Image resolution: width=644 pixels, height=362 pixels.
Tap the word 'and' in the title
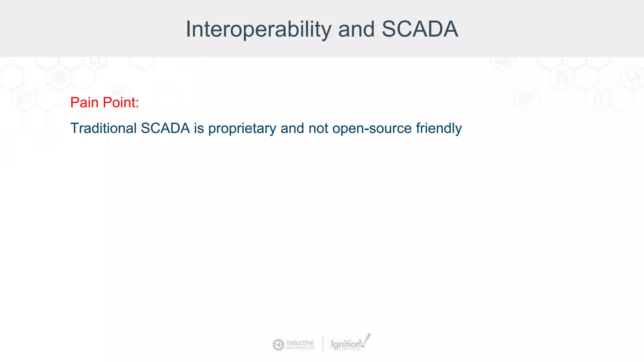pos(356,29)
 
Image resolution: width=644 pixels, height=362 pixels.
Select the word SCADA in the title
pos(420,29)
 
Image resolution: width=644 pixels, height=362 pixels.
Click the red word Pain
pos(84,102)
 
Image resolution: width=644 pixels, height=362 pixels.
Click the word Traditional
pos(103,128)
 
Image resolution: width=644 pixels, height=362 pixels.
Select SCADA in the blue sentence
pos(165,128)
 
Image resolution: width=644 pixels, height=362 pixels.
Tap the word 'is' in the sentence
pos(199,128)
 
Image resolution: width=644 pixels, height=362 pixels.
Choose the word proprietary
pos(242,128)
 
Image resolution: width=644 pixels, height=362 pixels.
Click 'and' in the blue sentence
pos(292,128)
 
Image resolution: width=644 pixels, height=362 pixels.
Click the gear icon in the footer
pos(278,345)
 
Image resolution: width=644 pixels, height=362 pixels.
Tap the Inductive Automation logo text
pos(300,344)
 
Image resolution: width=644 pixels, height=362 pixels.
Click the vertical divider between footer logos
pos(323,344)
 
